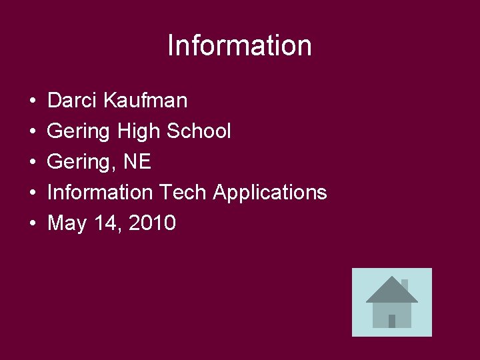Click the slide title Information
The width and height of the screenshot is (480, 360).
click(239, 45)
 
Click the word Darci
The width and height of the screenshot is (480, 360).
click(73, 101)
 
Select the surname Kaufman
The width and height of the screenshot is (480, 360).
click(145, 101)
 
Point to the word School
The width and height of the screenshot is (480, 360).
click(199, 131)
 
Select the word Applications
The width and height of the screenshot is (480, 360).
click(270, 193)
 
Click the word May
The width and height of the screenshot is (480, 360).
click(67, 223)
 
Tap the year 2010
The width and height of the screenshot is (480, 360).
click(153, 223)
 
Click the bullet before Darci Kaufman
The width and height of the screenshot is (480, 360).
click(32, 101)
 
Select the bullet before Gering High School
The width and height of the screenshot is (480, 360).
click(32, 132)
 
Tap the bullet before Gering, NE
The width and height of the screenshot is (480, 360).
click(32, 163)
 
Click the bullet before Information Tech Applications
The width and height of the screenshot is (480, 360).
click(32, 193)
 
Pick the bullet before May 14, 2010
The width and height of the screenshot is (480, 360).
click(32, 224)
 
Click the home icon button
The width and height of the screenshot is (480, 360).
click(391, 302)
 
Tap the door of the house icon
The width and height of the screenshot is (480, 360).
click(392, 321)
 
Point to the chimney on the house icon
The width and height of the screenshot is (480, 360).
click(404, 284)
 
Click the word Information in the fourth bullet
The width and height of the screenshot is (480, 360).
click(100, 193)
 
